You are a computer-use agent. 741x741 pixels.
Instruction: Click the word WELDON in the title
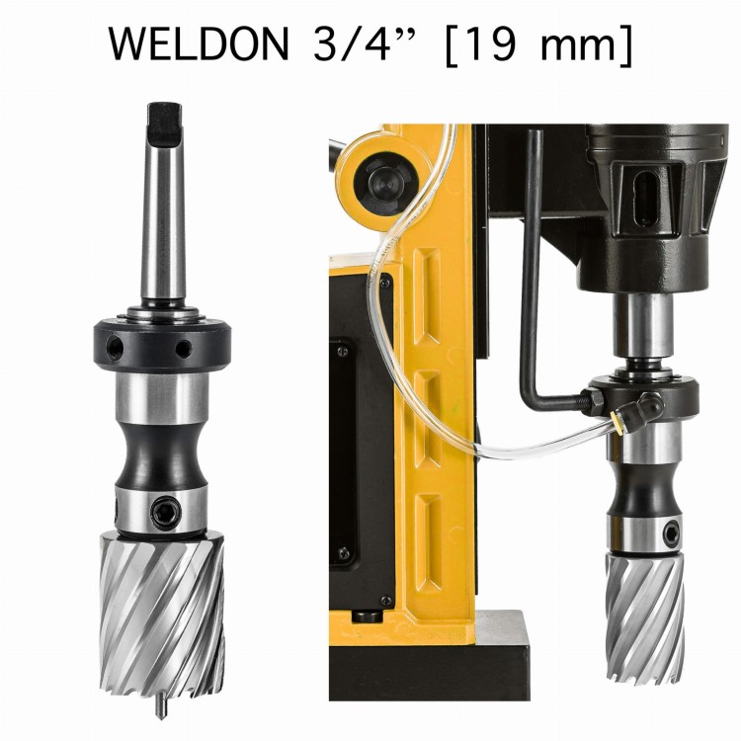[x=199, y=43]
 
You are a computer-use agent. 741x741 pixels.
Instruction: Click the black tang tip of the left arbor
[x=164, y=123]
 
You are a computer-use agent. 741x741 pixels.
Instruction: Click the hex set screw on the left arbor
[x=165, y=511]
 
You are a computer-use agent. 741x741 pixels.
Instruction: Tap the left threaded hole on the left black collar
[x=115, y=348]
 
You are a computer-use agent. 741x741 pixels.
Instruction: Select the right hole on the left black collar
[x=184, y=349]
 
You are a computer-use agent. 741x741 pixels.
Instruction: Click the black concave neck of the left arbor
[x=162, y=456]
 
